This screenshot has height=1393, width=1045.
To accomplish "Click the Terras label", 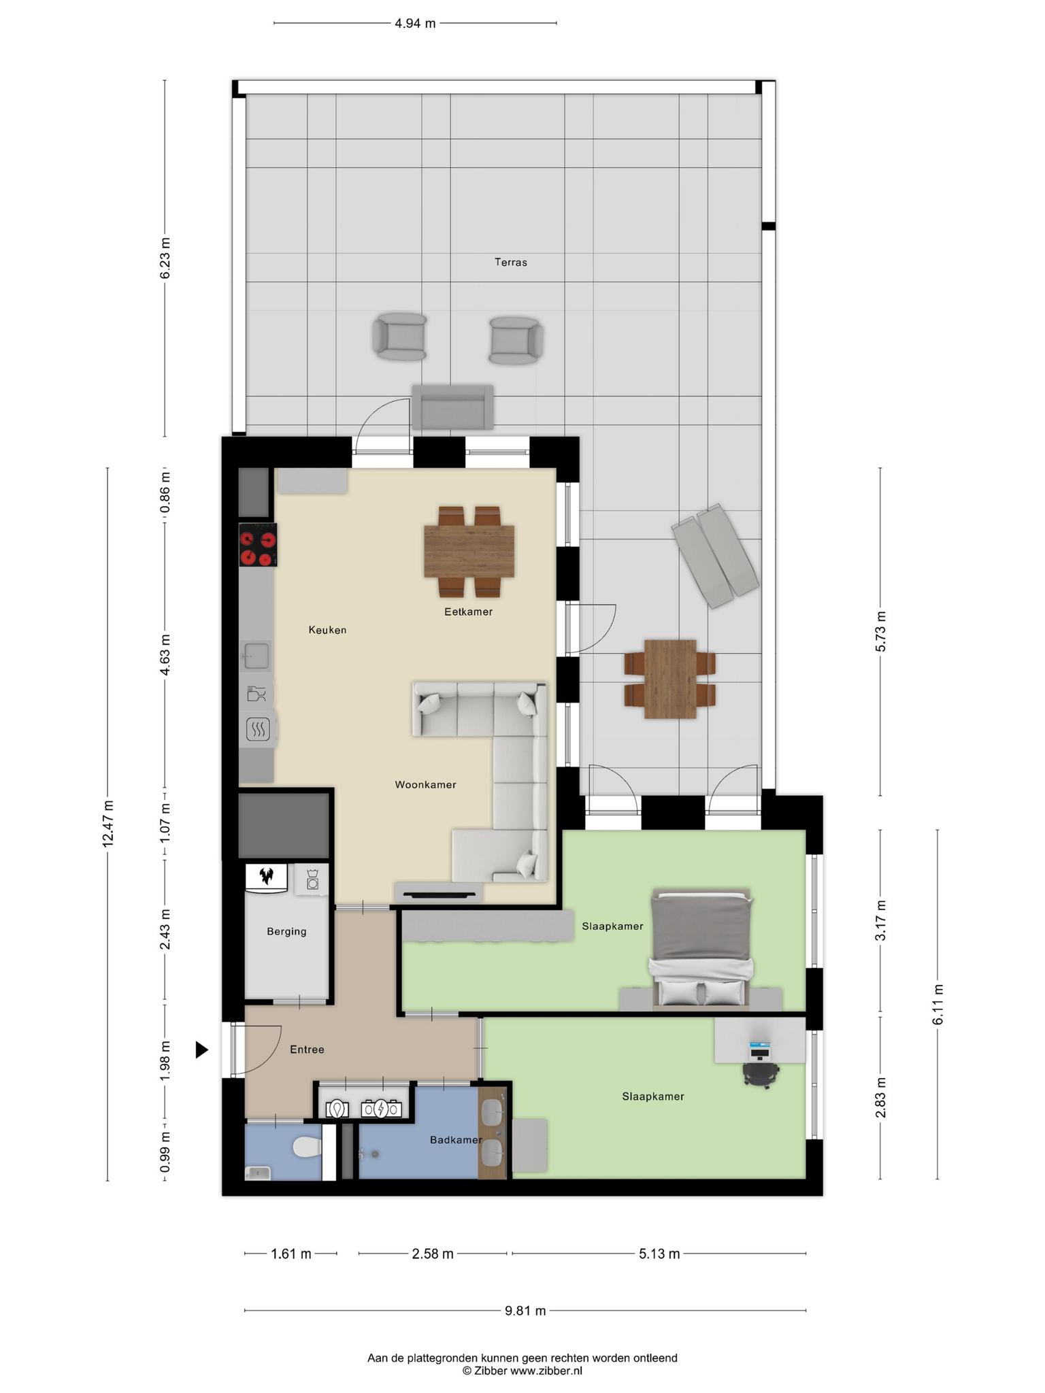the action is (510, 262).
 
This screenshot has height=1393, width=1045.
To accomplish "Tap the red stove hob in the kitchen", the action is (258, 545).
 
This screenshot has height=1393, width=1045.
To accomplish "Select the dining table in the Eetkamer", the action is (469, 550).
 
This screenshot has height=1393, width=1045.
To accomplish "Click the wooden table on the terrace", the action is (670, 678).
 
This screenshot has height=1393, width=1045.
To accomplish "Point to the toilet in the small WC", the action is (307, 1148).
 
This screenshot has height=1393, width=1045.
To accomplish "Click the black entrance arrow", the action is (201, 1050).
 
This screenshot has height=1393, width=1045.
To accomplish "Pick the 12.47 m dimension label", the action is (107, 824).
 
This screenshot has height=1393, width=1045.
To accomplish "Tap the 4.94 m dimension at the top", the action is (415, 24).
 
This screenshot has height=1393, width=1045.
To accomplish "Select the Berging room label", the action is (286, 931).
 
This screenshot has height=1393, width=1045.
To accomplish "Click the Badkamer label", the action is (456, 1139).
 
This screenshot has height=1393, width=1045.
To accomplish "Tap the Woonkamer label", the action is (425, 784).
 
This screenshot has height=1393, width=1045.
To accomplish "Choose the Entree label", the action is (307, 1050).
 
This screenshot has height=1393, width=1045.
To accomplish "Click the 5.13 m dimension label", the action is (659, 1254).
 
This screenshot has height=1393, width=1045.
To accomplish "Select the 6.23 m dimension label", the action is (165, 257).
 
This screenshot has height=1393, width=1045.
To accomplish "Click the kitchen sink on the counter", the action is (256, 656).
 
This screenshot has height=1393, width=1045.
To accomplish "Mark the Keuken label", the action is (327, 630).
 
